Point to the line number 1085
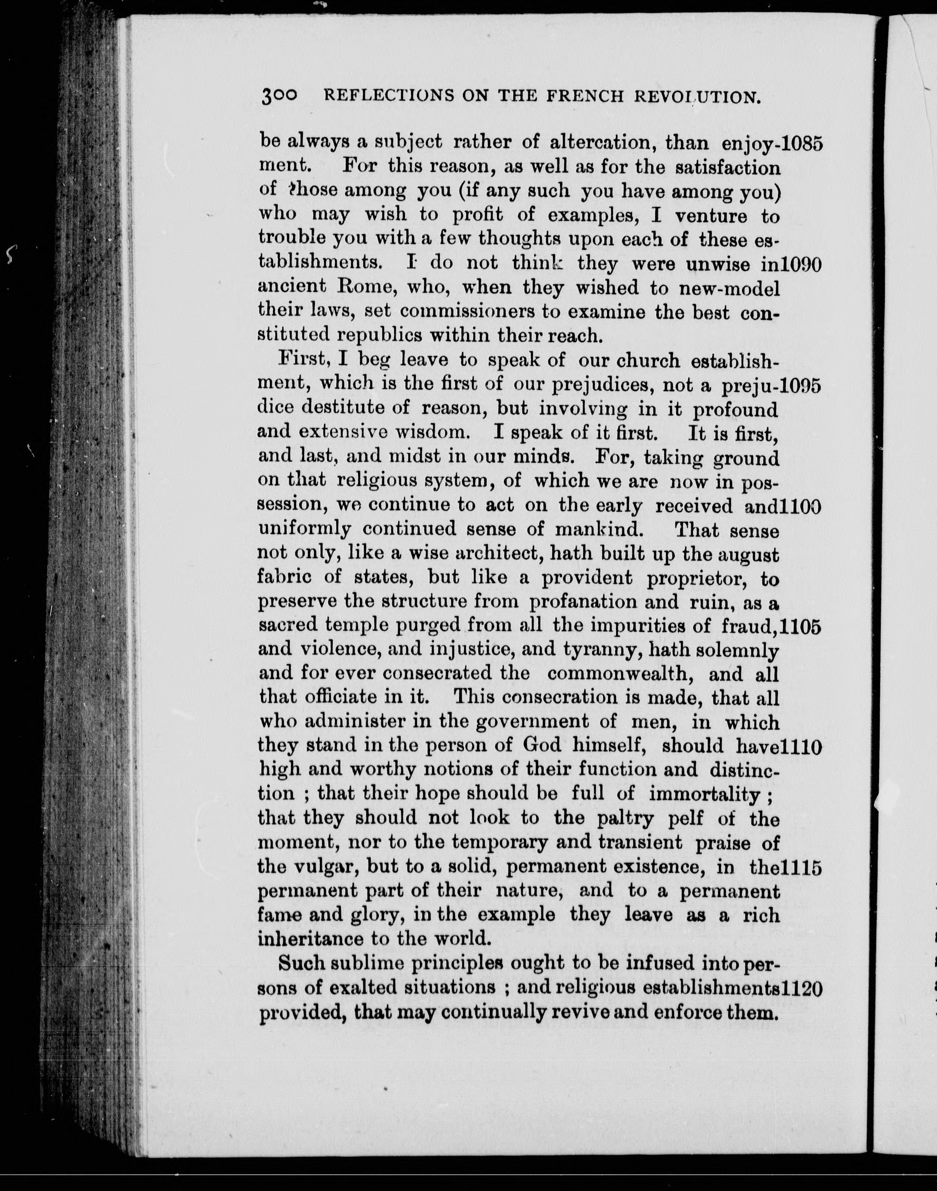(801, 144)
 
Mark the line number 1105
(801, 627)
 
